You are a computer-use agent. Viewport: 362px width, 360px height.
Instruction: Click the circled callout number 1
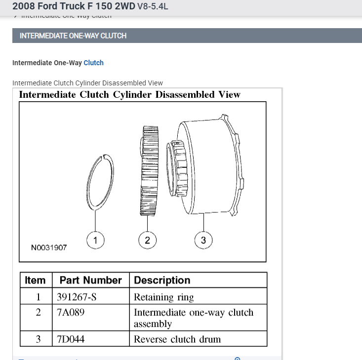pyautogui.click(x=95, y=240)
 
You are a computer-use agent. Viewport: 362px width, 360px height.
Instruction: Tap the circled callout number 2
pyautogui.click(x=147, y=240)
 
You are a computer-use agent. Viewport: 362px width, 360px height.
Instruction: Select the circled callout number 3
pyautogui.click(x=203, y=240)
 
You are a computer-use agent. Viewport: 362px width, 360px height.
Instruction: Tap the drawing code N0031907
pyautogui.click(x=49, y=248)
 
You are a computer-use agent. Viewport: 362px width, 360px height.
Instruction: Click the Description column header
pyautogui.click(x=162, y=280)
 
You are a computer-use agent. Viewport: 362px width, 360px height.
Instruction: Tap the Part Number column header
pyautogui.click(x=90, y=280)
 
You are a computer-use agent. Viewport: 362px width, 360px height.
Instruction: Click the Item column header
pyautogui.click(x=35, y=280)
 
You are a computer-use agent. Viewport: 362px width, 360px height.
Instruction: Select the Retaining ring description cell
pyautogui.click(x=164, y=297)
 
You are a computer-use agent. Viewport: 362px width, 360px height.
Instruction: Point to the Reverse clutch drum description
pyautogui.click(x=177, y=339)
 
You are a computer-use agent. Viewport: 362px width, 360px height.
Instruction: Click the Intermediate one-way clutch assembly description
pyautogui.click(x=193, y=318)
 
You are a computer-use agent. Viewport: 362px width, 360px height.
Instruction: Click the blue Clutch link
pyautogui.click(x=93, y=63)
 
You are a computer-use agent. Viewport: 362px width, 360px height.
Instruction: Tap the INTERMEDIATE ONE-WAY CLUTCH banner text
pyautogui.click(x=73, y=36)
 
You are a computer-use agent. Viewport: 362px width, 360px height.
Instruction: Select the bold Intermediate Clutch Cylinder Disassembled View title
pyautogui.click(x=129, y=94)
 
